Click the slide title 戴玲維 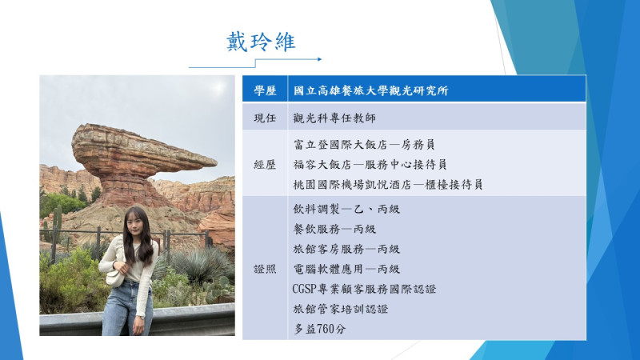coord(261,42)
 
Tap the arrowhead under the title coord(319,59)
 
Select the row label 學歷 coord(265,90)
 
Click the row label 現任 coord(265,118)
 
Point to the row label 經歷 coord(265,165)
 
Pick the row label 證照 coord(265,269)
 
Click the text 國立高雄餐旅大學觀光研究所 coord(370,90)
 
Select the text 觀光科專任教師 coord(334,118)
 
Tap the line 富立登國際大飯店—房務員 coord(364,145)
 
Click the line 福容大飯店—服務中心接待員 coord(370,165)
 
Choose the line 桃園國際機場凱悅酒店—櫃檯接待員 coord(388,185)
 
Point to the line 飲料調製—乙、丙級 coord(346,209)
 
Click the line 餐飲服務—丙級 coord(334,229)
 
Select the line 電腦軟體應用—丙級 coord(346,269)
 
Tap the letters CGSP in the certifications coord(305,289)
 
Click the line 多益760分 coord(319,329)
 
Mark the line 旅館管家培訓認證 coord(341,309)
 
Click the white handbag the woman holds coord(114,278)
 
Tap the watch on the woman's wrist coord(141,317)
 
